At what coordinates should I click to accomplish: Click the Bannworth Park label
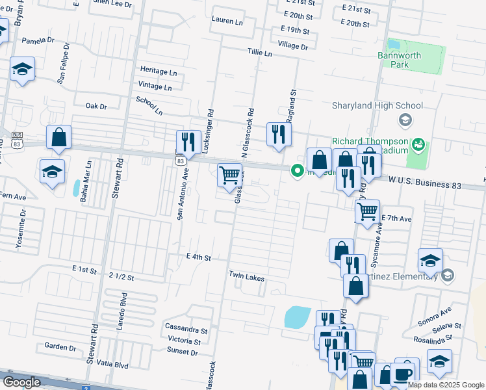[x=399, y=60]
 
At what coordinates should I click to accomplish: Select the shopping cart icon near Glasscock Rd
[x=229, y=175]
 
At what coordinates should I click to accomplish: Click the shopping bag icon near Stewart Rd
[x=58, y=138]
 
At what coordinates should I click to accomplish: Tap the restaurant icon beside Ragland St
[x=279, y=135]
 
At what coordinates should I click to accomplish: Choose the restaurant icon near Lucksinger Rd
[x=189, y=141]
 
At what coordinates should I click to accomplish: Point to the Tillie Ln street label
[x=259, y=53]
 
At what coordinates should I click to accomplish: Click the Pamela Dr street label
[x=38, y=40]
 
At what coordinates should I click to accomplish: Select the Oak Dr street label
[x=96, y=105]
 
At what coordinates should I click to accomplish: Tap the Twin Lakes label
[x=246, y=277]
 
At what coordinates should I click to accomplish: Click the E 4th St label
[x=199, y=257]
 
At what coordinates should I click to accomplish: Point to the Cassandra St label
[x=186, y=328]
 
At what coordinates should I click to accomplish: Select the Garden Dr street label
[x=60, y=347]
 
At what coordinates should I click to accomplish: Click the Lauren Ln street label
[x=227, y=21]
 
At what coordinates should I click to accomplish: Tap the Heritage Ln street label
[x=159, y=71]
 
